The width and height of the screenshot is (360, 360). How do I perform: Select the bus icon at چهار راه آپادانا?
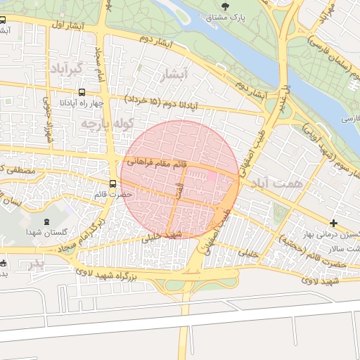point(83,92)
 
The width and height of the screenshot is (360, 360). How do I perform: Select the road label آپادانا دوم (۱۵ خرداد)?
point(161,102)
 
